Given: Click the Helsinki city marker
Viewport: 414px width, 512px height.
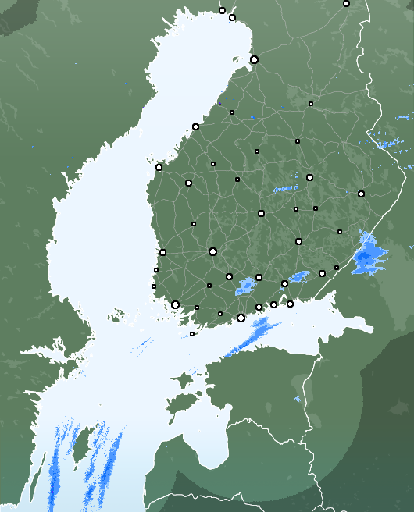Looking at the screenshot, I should tap(241, 318).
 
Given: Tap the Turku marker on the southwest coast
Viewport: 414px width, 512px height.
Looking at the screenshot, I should tap(175, 304).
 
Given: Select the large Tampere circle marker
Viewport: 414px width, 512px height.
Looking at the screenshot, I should tap(212, 251).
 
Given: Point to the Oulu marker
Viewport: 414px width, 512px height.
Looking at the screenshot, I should tap(254, 59).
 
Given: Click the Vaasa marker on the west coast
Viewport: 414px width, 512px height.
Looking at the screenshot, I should tap(159, 167).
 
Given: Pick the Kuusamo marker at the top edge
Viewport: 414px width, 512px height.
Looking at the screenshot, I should tap(346, 3).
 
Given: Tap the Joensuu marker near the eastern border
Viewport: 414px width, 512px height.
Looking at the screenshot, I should tap(361, 194).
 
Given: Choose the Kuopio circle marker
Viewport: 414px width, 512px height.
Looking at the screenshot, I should tap(309, 177).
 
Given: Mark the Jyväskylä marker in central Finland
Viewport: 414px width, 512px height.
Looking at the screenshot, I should tap(261, 213).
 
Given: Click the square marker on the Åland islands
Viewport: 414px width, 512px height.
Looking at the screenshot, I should tap(192, 334).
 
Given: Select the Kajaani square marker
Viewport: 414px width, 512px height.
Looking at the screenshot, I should tap(311, 103).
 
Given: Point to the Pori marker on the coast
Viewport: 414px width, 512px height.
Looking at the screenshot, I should tap(162, 252).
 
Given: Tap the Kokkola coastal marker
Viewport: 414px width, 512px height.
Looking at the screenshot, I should tap(195, 126).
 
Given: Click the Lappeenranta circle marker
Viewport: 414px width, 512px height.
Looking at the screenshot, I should tap(322, 273).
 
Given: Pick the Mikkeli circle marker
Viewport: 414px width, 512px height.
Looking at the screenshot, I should tap(298, 242).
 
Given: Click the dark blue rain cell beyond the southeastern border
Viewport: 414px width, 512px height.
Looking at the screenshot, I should tap(365, 256).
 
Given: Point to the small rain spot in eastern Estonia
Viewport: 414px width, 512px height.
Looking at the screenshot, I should tap(298, 399).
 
